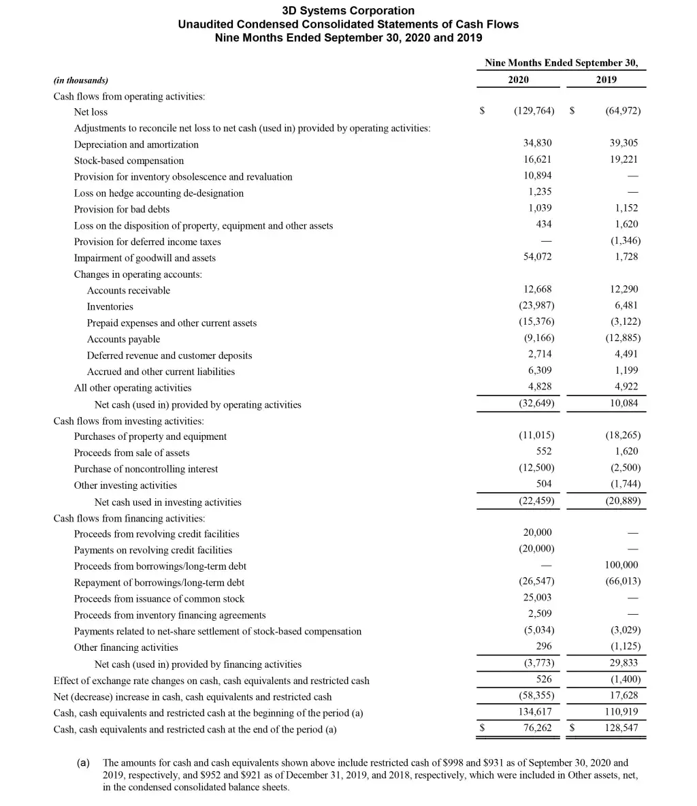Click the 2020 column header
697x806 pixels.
coord(518,80)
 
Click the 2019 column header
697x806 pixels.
coord(606,80)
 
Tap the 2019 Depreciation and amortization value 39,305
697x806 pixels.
coord(624,144)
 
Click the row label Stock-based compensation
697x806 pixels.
coord(129,161)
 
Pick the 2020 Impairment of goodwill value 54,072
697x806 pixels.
coord(537,257)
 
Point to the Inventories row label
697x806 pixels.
coord(110,306)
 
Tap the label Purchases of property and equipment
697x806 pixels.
coord(150,436)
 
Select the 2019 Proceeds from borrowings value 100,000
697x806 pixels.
coord(621,565)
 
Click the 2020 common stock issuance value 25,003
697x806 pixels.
coord(537,598)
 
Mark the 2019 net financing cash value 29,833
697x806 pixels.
coord(624,663)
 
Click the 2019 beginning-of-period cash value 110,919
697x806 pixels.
coord(621,712)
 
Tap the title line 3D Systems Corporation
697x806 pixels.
coord(348,10)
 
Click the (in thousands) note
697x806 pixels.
coord(80,80)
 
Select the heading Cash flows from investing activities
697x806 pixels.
coord(129,421)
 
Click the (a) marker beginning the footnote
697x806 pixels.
coord(84,763)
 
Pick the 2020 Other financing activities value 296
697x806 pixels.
coord(543,647)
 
